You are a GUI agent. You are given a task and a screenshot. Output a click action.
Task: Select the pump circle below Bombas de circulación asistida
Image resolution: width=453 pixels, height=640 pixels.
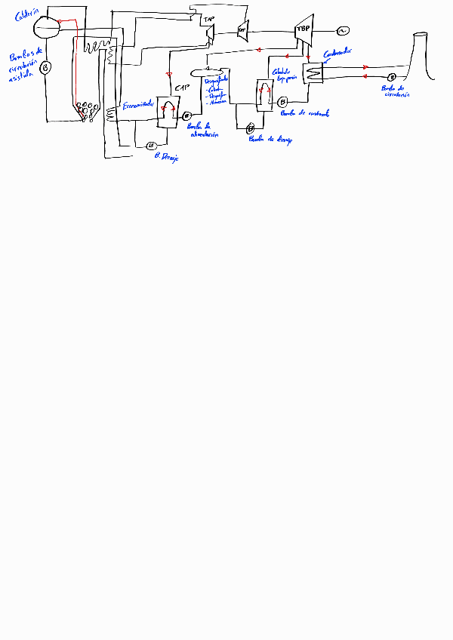click(x=45, y=68)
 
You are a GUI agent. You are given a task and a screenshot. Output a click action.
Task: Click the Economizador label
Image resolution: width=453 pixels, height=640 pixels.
click(x=139, y=103)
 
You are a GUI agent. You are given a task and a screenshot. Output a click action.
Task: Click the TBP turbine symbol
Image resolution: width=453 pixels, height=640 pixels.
click(x=304, y=29)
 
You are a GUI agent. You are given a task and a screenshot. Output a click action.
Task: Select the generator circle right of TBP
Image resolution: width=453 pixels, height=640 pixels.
click(x=341, y=30)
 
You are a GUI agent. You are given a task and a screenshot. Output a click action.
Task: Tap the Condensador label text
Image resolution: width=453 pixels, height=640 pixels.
click(x=337, y=53)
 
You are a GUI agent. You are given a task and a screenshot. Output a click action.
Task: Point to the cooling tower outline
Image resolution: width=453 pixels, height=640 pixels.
click(x=421, y=57)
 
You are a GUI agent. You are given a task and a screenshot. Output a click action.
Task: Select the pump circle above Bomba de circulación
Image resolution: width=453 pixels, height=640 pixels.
click(x=392, y=77)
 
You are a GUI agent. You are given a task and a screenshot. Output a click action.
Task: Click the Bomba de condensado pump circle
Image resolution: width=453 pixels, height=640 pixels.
click(x=282, y=102)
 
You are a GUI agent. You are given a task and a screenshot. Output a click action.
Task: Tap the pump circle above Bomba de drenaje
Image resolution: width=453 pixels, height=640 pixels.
click(x=250, y=128)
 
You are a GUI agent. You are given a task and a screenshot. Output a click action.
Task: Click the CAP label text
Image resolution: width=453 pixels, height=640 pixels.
click(x=181, y=88)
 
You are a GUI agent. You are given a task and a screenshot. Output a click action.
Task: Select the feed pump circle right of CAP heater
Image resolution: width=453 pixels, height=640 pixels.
click(x=186, y=115)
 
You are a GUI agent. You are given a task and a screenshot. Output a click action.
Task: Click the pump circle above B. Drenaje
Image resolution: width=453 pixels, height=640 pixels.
click(x=150, y=145)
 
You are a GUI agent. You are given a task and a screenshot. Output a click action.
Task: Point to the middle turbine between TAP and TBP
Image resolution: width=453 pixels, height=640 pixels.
click(x=242, y=30)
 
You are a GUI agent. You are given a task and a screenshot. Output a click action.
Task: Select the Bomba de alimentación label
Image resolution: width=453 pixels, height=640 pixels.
click(x=202, y=131)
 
